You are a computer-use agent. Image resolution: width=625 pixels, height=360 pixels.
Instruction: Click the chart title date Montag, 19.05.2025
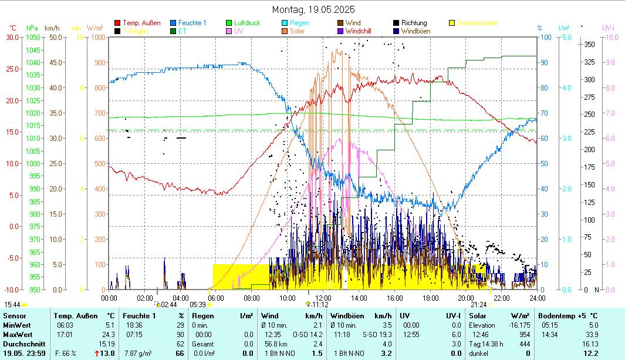313,9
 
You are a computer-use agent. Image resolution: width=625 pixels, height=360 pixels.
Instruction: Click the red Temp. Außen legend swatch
117,23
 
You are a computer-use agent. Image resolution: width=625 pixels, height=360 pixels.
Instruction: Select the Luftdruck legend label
246,23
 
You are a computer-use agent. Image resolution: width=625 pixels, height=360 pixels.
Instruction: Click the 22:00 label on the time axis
501,298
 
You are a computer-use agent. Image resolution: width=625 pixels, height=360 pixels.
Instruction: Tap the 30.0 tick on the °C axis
12,37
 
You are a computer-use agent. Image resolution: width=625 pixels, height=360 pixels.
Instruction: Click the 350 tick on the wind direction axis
590,44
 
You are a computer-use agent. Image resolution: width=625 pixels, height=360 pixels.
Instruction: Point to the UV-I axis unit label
608,28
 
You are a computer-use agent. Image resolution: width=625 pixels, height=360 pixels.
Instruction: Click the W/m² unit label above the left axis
95,28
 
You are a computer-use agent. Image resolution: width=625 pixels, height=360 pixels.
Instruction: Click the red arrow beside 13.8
96,353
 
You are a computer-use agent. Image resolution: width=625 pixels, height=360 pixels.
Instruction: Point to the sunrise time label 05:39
198,304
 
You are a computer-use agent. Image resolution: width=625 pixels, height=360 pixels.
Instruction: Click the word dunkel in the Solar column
479,353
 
